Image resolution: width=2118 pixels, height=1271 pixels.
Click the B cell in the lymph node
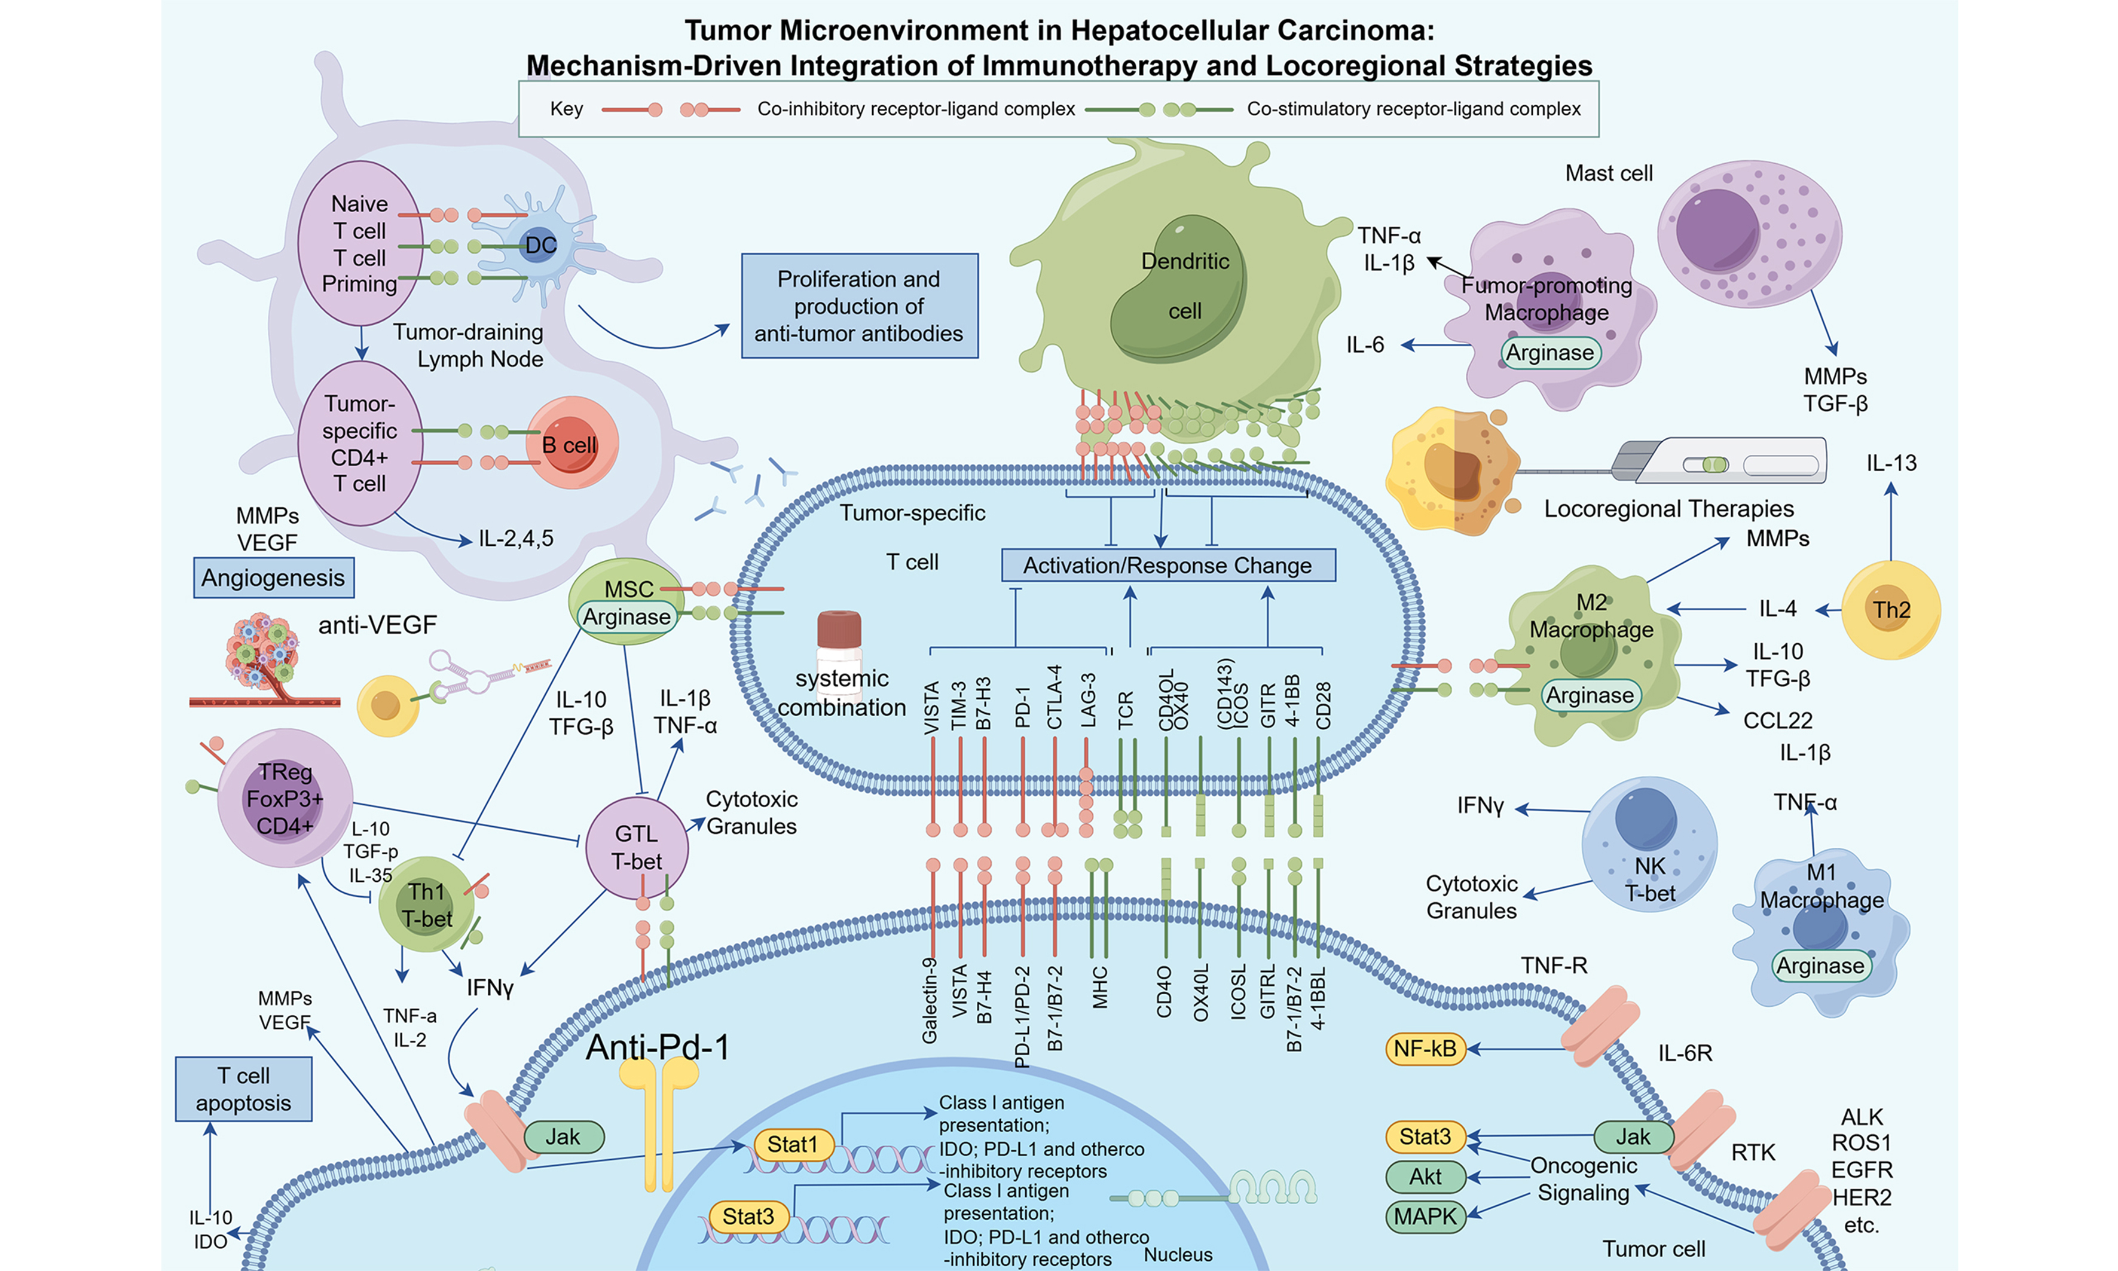(x=571, y=443)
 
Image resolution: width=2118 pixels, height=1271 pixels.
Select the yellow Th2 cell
(x=1890, y=610)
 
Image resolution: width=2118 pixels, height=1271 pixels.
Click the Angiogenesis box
(x=273, y=578)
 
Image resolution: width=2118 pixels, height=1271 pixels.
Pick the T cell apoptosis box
(x=243, y=1089)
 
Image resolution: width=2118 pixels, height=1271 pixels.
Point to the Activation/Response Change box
(x=1168, y=566)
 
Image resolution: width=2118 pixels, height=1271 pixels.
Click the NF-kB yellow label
(x=1425, y=1049)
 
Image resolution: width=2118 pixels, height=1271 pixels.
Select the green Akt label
(x=1425, y=1177)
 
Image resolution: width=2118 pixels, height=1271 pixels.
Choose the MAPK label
(x=1425, y=1216)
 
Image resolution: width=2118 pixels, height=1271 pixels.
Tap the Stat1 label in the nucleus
(x=792, y=1144)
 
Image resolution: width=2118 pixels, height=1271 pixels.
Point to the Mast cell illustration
(x=1749, y=233)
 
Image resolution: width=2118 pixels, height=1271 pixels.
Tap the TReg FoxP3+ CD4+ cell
(x=285, y=798)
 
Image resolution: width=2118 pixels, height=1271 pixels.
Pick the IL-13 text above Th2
(x=1891, y=463)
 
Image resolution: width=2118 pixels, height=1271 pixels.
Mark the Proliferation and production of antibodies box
(x=859, y=305)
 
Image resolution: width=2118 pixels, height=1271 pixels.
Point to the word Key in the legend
(x=566, y=109)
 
